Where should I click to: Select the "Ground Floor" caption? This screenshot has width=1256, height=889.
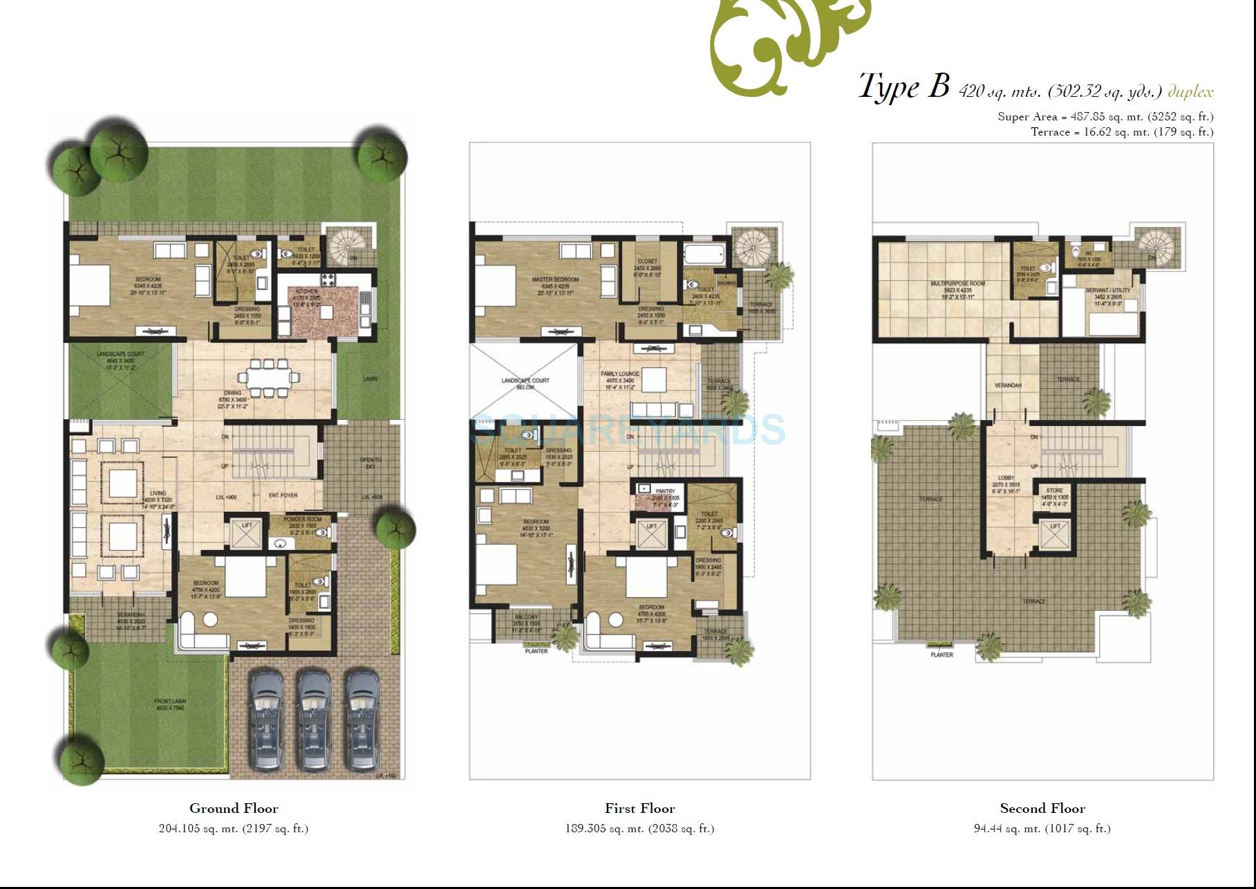234,808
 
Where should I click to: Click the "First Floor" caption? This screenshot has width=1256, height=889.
639,808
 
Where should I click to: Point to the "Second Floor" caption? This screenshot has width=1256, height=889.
1042,808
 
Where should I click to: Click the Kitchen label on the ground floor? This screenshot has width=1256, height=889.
306,292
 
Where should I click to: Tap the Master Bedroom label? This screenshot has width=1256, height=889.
555,280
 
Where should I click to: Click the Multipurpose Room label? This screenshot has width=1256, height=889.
957,284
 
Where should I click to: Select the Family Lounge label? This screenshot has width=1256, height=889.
619,374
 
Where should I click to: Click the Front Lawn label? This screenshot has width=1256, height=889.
170,702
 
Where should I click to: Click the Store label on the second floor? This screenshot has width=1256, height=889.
1054,491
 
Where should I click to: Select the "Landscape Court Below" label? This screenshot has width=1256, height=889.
525,383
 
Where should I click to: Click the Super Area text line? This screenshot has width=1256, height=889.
1105,117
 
